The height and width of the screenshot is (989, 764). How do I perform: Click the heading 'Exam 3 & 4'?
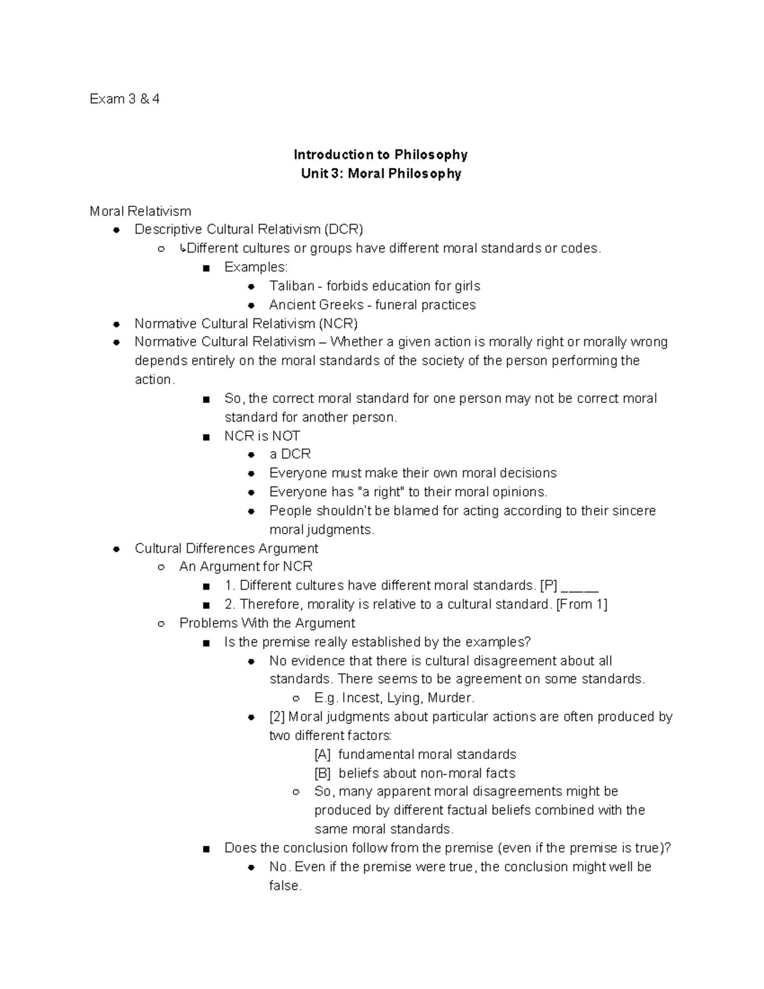pos(124,99)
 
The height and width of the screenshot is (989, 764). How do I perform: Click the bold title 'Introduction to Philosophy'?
pos(380,155)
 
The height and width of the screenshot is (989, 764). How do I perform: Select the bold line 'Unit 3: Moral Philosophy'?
pos(381,173)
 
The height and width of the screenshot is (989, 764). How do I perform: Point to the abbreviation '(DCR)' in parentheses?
pos(343,229)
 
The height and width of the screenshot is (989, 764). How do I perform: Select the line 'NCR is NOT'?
pos(262,436)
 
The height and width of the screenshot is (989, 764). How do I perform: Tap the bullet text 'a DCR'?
pos(290,454)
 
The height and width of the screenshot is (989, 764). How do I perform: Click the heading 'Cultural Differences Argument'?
pos(226,548)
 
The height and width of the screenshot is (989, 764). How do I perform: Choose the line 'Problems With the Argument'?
pos(267,623)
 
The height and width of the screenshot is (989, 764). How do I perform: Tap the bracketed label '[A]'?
pos(323,755)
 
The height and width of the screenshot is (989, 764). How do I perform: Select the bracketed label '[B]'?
pos(323,773)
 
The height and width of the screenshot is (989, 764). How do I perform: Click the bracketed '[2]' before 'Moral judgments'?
pos(277,717)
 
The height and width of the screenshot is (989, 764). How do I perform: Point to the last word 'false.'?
pos(285,886)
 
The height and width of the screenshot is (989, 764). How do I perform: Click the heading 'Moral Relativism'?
pos(140,211)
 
